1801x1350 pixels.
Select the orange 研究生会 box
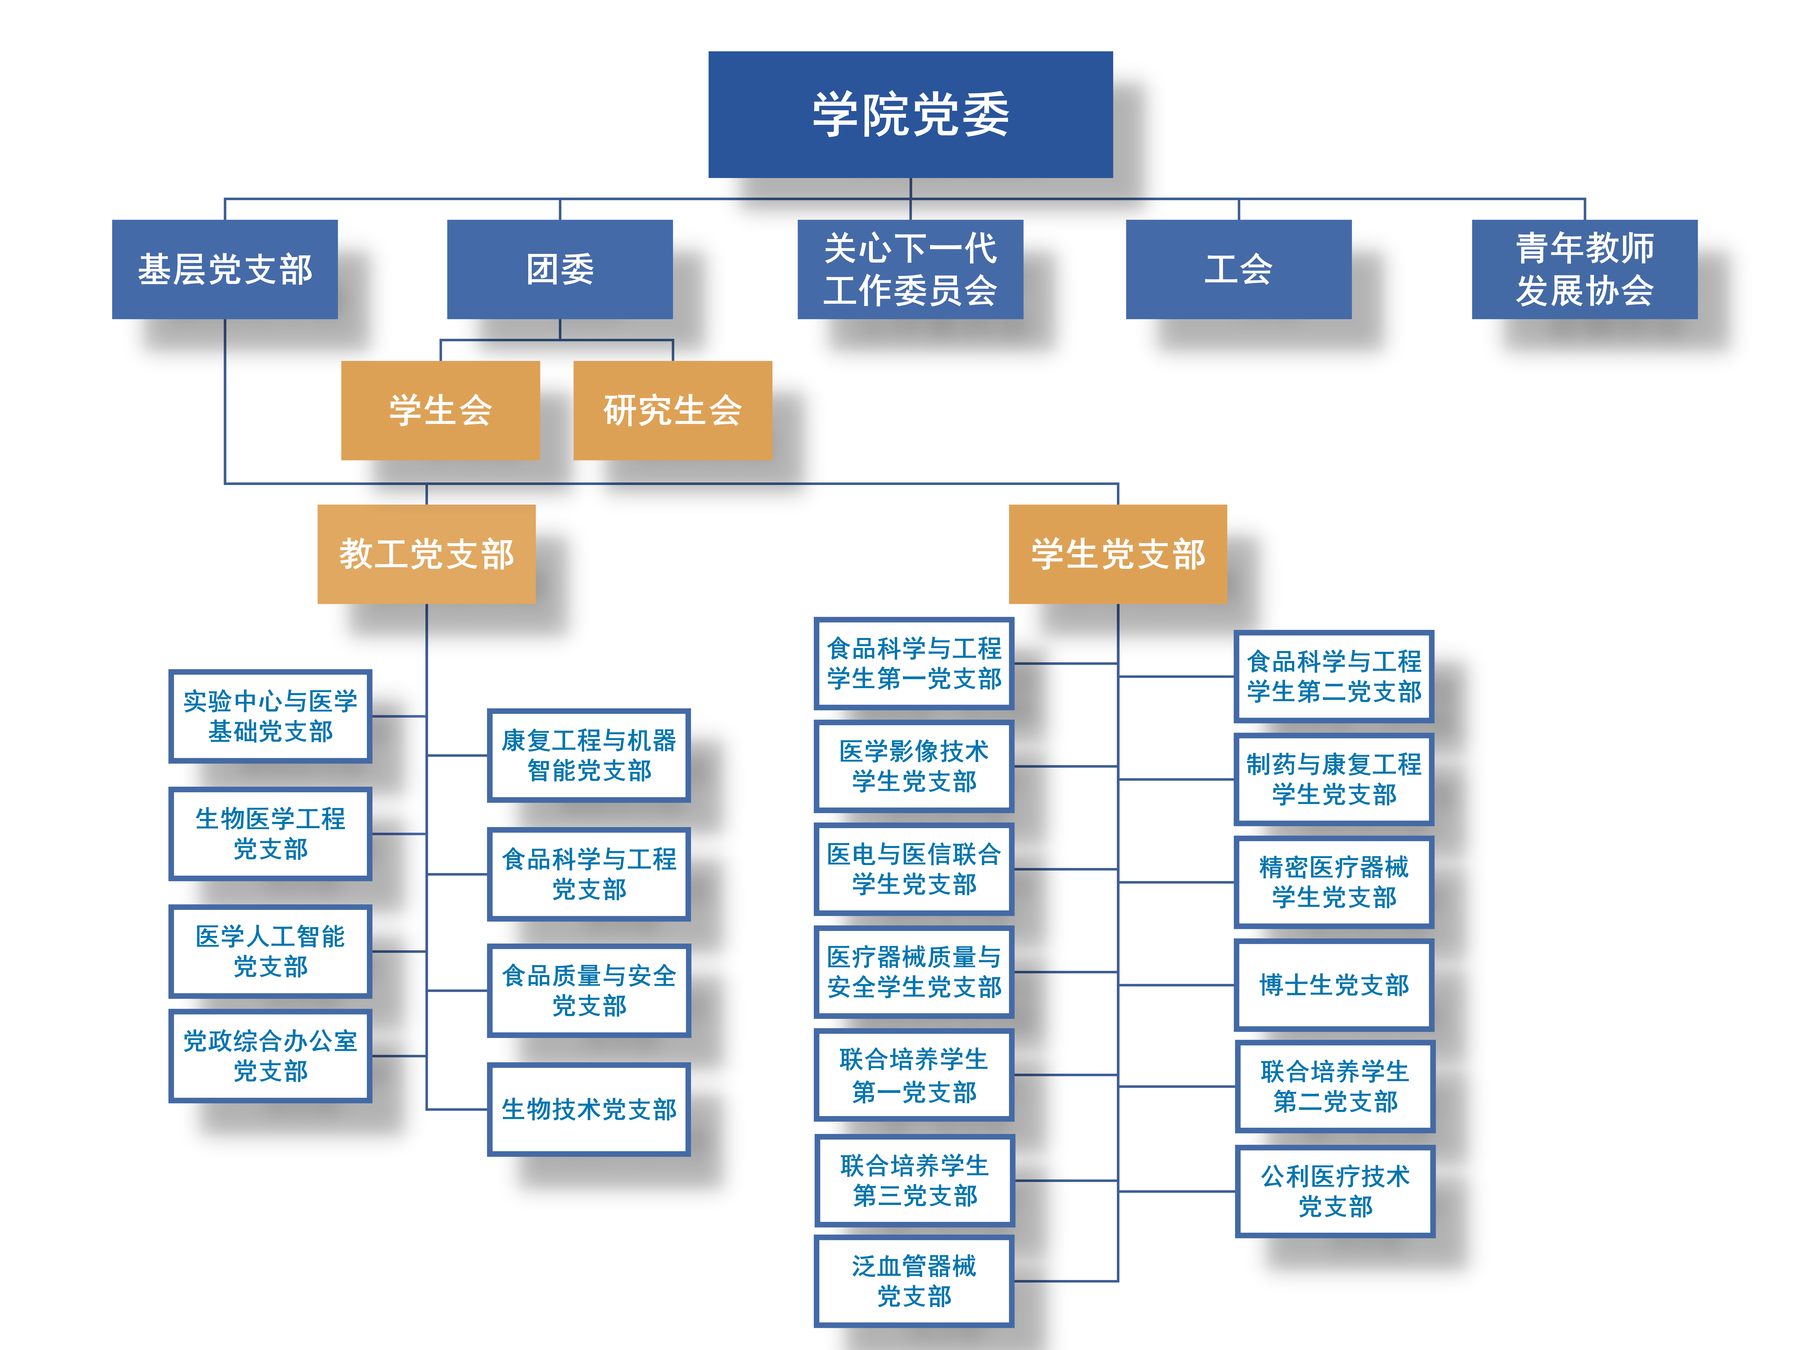coord(672,410)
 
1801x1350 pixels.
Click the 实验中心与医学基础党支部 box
coord(270,716)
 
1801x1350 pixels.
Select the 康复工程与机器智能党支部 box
coord(589,755)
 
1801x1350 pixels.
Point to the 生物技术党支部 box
coord(589,1109)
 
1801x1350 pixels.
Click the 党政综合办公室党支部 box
coord(270,1055)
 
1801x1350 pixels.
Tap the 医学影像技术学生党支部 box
coord(913,766)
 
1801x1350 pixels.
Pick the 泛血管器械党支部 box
coord(913,1281)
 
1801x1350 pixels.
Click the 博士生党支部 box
coord(1334,985)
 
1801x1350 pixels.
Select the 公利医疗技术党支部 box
coord(1334,1191)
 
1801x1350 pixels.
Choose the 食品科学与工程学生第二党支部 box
coord(1334,676)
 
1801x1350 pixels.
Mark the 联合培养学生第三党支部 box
coord(914,1180)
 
